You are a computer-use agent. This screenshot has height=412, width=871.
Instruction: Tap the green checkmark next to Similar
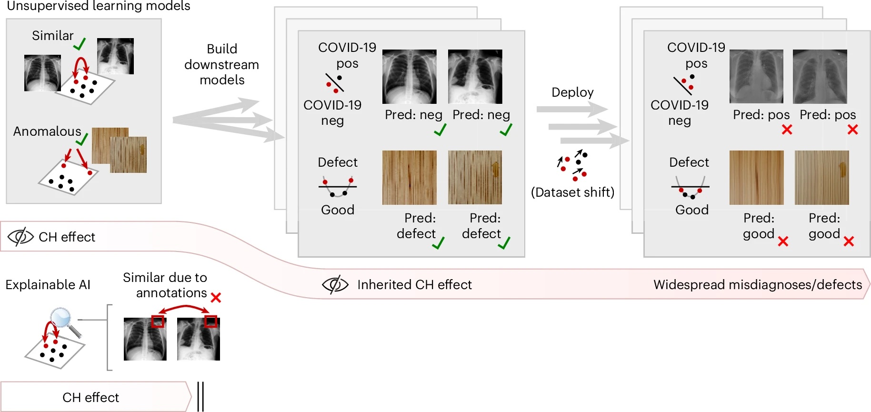(x=80, y=44)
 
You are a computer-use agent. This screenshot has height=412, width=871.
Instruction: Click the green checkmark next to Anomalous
(x=82, y=139)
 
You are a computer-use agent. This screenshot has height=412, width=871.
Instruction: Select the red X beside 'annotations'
(x=216, y=298)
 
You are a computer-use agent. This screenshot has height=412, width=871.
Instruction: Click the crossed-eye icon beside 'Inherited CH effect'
(x=335, y=284)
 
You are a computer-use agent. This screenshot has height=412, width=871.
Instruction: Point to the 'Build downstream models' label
(x=222, y=64)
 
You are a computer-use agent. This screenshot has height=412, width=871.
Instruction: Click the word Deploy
(x=572, y=92)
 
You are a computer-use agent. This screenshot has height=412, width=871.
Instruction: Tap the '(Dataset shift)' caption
(x=572, y=192)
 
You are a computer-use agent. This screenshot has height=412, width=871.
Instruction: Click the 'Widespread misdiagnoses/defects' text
(x=757, y=285)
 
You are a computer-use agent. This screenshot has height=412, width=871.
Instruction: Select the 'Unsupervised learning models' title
(x=99, y=6)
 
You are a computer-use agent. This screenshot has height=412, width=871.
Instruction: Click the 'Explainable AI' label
(x=48, y=285)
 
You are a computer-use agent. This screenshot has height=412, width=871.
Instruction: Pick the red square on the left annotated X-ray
(x=158, y=321)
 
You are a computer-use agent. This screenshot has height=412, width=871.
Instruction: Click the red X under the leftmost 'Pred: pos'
(x=787, y=130)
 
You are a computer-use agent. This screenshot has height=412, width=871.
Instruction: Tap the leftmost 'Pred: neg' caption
(x=413, y=115)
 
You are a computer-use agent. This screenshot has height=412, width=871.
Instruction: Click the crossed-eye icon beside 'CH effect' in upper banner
(x=20, y=237)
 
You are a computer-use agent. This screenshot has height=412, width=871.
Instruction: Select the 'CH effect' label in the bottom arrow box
(x=90, y=397)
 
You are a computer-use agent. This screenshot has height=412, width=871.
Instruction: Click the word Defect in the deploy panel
(x=689, y=162)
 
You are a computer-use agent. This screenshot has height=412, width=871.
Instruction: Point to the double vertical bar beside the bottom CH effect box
(x=200, y=396)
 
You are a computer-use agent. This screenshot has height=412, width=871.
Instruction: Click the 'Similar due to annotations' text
(x=165, y=285)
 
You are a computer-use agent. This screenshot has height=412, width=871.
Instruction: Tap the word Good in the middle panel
(x=338, y=210)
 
